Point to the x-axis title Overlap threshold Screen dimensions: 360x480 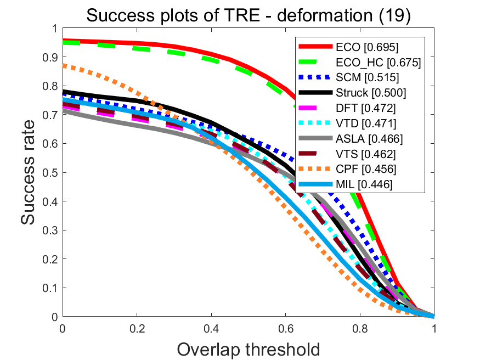[x=249, y=348]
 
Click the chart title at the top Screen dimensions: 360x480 [x=249, y=16]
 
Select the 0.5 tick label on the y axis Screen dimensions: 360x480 [x=53, y=172]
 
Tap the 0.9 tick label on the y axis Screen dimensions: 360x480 [x=53, y=57]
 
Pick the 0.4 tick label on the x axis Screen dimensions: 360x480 [x=211, y=328]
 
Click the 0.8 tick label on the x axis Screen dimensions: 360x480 [x=360, y=328]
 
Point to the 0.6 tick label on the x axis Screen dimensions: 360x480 [x=285, y=328]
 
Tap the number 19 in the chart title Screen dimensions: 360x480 [x=394, y=16]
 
